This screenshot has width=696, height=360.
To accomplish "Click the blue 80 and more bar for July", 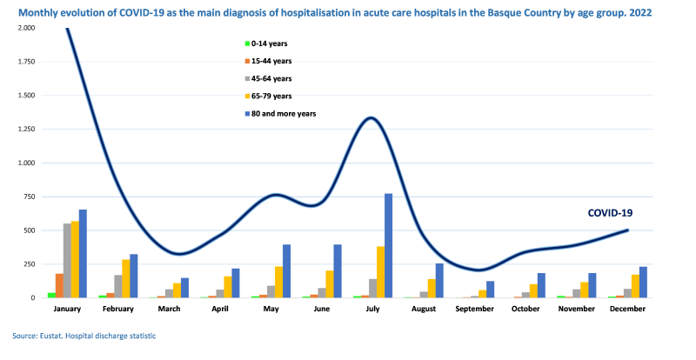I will pos(388,245).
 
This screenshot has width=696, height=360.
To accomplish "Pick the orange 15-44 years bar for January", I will pos(59,285).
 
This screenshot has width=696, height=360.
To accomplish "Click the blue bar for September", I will pos(490,290).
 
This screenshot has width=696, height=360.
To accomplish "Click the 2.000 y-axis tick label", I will pos(24,28).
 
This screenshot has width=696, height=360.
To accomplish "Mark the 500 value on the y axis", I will pos(29,230).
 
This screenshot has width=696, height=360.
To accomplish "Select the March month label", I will pos(169,309).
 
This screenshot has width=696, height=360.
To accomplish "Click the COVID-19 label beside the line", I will pos(611,213).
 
